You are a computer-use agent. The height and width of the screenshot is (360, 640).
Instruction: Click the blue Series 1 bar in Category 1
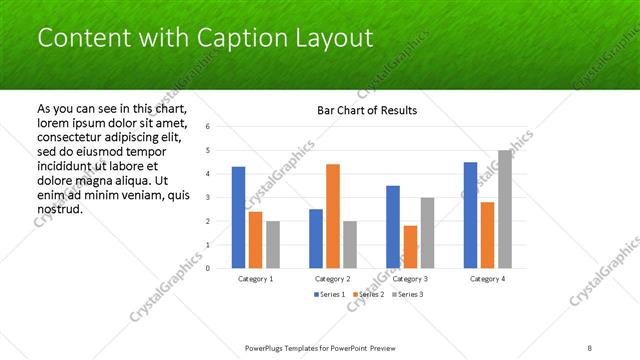pos(238,217)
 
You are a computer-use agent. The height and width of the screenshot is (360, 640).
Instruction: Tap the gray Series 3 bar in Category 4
pos(504,209)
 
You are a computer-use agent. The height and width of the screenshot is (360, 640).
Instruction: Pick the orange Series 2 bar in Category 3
pos(410,246)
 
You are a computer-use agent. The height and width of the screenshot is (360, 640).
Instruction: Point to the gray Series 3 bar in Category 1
pos(273,244)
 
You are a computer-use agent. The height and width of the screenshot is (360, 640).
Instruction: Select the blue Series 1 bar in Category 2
pos(316,238)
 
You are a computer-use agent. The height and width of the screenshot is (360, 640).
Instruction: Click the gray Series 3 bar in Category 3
pos(427,232)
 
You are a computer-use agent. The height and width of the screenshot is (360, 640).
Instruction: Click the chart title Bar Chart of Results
pos(367,110)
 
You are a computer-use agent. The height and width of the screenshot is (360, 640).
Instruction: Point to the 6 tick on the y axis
pos(207,127)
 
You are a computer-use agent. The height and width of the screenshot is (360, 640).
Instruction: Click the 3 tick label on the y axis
pos(207,197)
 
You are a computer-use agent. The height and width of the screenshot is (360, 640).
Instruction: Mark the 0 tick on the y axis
pos(207,268)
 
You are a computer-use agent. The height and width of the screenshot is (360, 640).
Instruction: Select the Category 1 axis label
pos(255,279)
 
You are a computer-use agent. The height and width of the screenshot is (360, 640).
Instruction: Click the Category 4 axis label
pos(487,279)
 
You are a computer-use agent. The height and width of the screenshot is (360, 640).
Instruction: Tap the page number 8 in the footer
pos(590,347)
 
